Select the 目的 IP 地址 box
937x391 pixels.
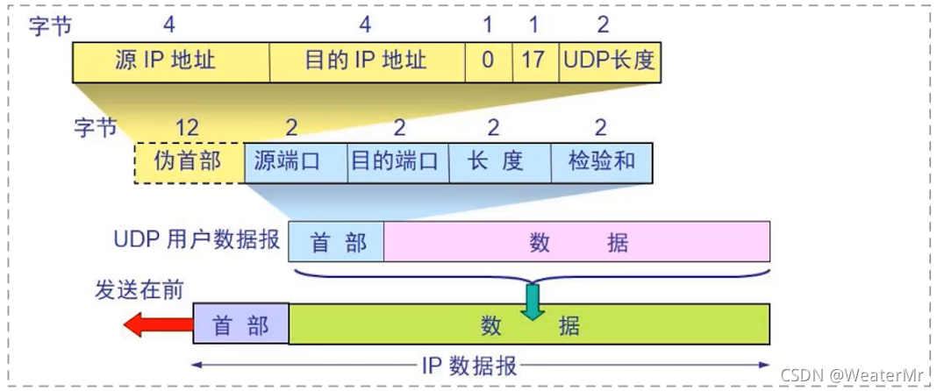[x=367, y=60]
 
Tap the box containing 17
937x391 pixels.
[x=533, y=60]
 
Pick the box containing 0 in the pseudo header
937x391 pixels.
[x=488, y=60]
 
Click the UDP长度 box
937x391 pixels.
[x=609, y=60]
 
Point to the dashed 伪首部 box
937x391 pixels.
[x=189, y=161]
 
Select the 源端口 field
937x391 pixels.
[x=296, y=161]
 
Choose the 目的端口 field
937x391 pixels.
[x=398, y=161]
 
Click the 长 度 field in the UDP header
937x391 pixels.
[x=499, y=161]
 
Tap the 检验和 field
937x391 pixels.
[x=602, y=161]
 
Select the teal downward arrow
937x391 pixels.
[x=532, y=300]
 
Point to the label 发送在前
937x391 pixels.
[x=139, y=290]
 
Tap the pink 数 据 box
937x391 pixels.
[x=576, y=241]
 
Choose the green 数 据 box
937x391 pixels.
[x=530, y=325]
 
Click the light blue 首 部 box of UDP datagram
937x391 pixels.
[x=337, y=241]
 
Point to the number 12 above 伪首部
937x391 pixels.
[x=188, y=128]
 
